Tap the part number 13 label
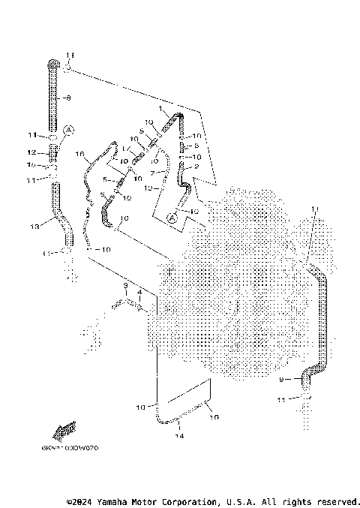click(34, 226)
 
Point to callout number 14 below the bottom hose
click(179, 435)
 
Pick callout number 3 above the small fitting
click(126, 286)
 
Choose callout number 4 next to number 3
click(139, 291)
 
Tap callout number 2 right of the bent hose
click(196, 167)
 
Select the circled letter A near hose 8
click(69, 130)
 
